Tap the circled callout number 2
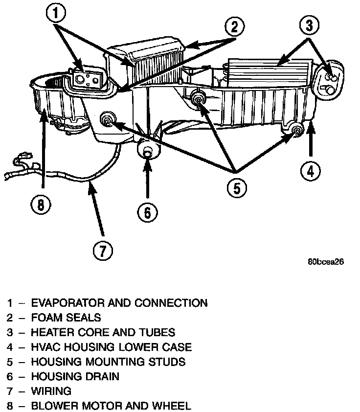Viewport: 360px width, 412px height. click(234, 27)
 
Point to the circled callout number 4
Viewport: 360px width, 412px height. click(311, 170)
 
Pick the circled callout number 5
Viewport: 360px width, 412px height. click(235, 186)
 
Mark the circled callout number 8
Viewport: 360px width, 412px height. click(41, 204)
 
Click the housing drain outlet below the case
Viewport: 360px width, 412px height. click(148, 150)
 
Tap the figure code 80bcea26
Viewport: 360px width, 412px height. click(326, 261)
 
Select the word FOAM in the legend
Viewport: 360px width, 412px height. click(45, 318)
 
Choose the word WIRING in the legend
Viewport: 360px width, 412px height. click(51, 391)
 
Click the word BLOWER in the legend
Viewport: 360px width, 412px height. click(53, 406)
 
